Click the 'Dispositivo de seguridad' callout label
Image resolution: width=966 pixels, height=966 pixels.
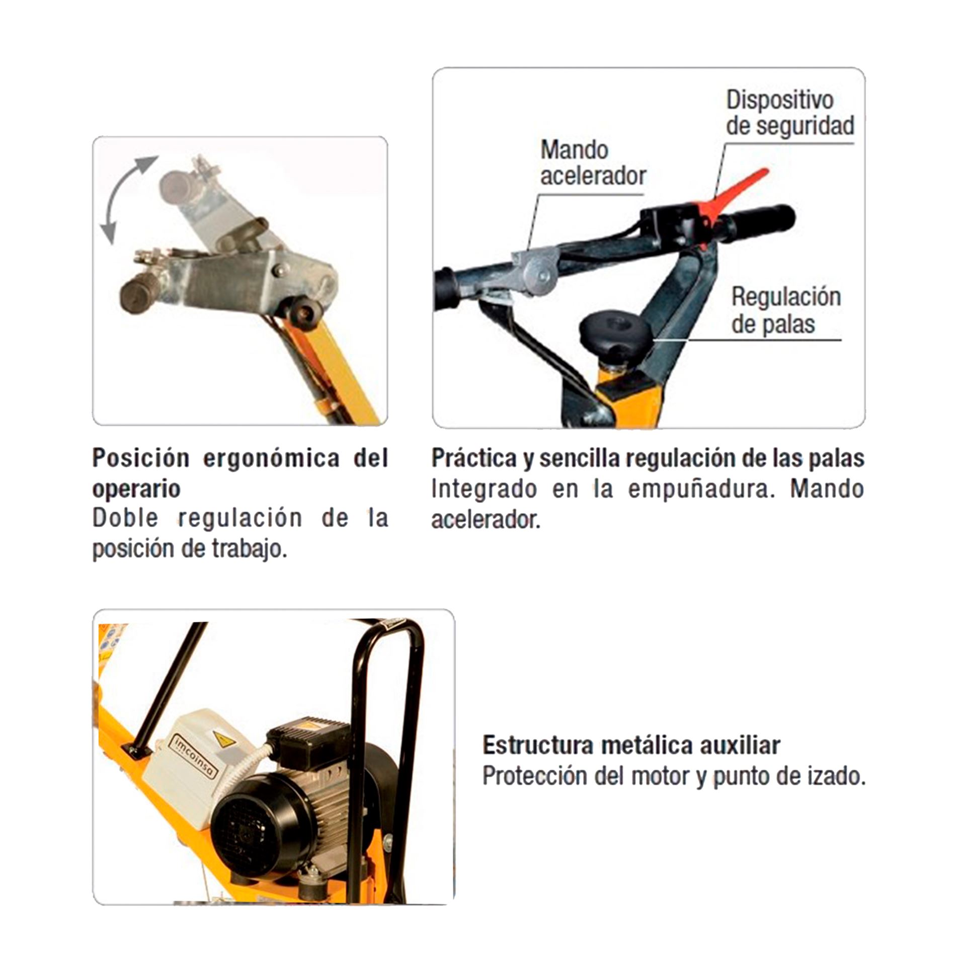pos(789,114)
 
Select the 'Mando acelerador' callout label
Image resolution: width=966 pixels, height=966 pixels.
pos(593,163)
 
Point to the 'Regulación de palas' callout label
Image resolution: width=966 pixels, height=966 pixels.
pos(786,310)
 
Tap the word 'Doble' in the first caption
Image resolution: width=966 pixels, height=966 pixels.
pos(125,518)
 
